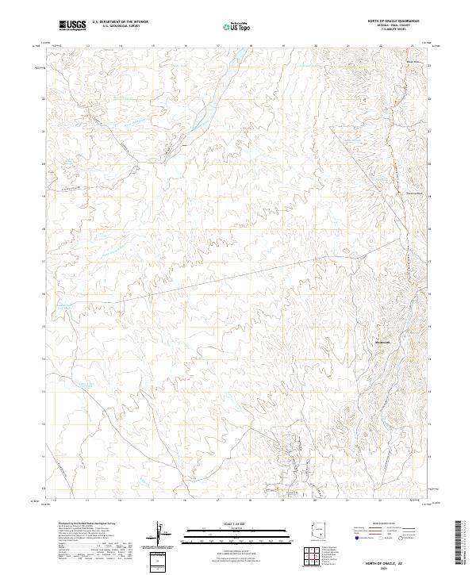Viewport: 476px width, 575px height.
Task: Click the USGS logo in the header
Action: [x=72, y=25]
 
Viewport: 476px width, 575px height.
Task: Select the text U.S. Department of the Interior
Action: [x=120, y=22]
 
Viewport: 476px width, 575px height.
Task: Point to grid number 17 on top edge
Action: [x=218, y=46]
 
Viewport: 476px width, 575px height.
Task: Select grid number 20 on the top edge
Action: [x=316, y=46]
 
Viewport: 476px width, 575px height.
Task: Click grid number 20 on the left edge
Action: [x=44, y=163]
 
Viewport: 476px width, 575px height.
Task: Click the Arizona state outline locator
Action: [x=318, y=533]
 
